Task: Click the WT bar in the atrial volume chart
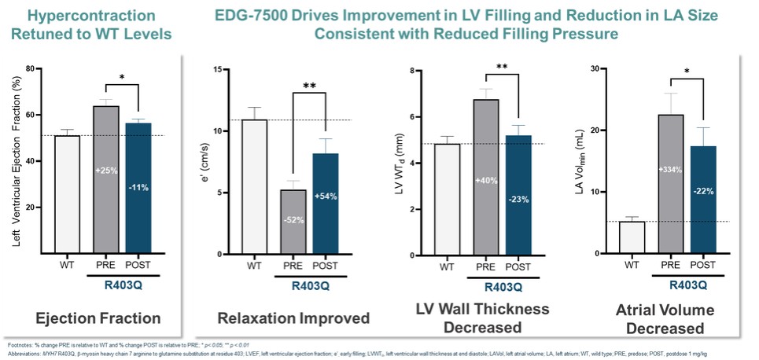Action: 632,237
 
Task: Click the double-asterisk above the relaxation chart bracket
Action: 309,86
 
